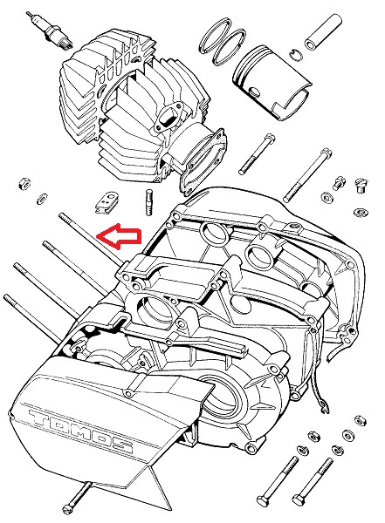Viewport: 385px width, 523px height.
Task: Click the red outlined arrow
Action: click(119, 236)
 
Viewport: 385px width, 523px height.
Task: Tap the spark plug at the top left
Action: click(50, 30)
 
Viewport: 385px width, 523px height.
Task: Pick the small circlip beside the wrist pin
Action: click(297, 55)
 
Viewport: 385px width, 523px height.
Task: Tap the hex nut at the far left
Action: click(24, 183)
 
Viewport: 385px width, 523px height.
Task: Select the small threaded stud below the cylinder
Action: click(149, 202)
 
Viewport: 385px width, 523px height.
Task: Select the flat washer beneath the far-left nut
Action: click(42, 199)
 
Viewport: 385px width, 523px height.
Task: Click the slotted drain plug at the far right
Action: click(361, 185)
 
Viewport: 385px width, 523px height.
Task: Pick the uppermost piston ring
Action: click(216, 36)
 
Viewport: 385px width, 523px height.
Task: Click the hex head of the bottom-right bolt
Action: click(299, 500)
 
